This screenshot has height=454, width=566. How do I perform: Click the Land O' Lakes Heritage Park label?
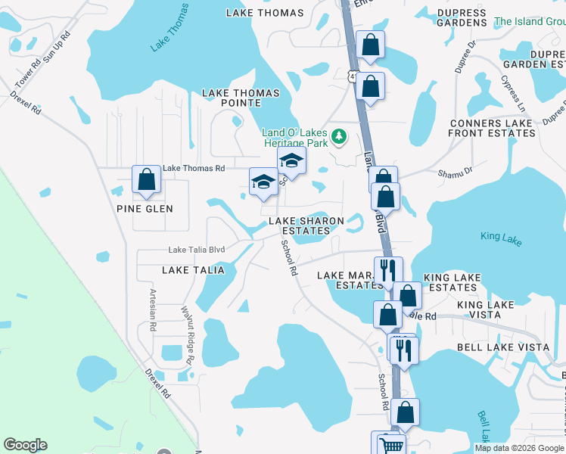coord(296,137)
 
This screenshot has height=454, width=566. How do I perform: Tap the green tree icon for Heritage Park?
coord(341,136)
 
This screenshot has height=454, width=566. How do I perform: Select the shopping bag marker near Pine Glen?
coord(147,180)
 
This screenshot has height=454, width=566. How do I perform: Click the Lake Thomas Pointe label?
coord(240,98)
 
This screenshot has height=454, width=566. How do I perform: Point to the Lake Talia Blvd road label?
coord(197,250)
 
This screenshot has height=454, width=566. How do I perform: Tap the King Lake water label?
coord(501,237)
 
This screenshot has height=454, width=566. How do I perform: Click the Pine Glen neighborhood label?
coord(145,209)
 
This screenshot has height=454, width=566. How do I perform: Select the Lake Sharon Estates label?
coord(306,225)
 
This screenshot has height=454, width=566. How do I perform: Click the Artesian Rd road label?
coord(153,310)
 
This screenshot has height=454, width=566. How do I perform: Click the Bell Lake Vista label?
coord(503,347)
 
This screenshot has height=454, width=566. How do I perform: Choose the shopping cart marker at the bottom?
coord(390,444)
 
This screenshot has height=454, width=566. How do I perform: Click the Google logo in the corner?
coord(25,445)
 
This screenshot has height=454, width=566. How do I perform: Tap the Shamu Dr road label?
coord(455,173)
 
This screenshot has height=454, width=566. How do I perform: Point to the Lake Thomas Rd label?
coord(194,168)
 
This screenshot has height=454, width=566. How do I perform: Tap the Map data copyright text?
coord(518,448)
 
